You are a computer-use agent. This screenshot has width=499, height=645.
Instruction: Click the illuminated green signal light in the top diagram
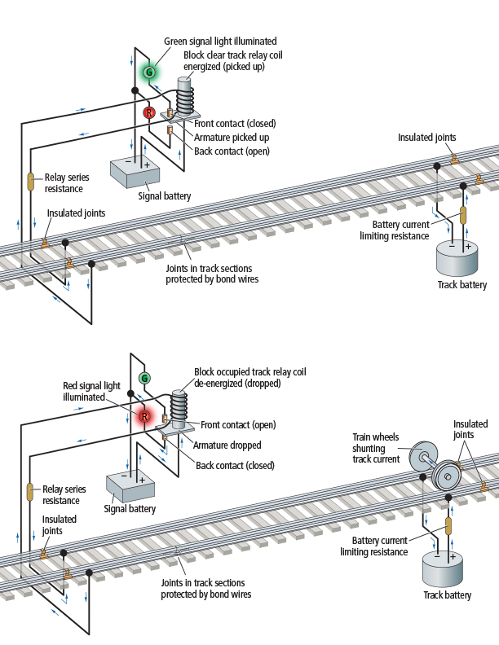149,72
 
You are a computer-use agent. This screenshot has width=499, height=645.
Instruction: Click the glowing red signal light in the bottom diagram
144,416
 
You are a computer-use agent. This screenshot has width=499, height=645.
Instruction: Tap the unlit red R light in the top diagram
149,112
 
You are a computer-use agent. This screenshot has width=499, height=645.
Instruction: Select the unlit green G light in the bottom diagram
144,378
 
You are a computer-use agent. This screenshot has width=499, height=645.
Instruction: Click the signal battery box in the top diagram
136,172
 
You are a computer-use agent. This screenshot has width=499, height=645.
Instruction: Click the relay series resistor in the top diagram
31,182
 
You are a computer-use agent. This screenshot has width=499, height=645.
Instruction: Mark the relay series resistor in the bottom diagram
29,493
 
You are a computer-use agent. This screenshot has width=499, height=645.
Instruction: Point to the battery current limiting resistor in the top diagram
463,214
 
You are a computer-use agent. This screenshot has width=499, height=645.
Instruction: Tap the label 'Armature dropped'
227,445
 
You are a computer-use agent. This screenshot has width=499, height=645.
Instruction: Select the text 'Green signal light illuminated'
220,41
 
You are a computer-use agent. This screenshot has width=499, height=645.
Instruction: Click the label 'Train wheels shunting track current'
376,448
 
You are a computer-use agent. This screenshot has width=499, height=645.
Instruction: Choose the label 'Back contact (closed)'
235,465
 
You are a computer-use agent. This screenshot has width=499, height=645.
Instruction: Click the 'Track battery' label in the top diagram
462,285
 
